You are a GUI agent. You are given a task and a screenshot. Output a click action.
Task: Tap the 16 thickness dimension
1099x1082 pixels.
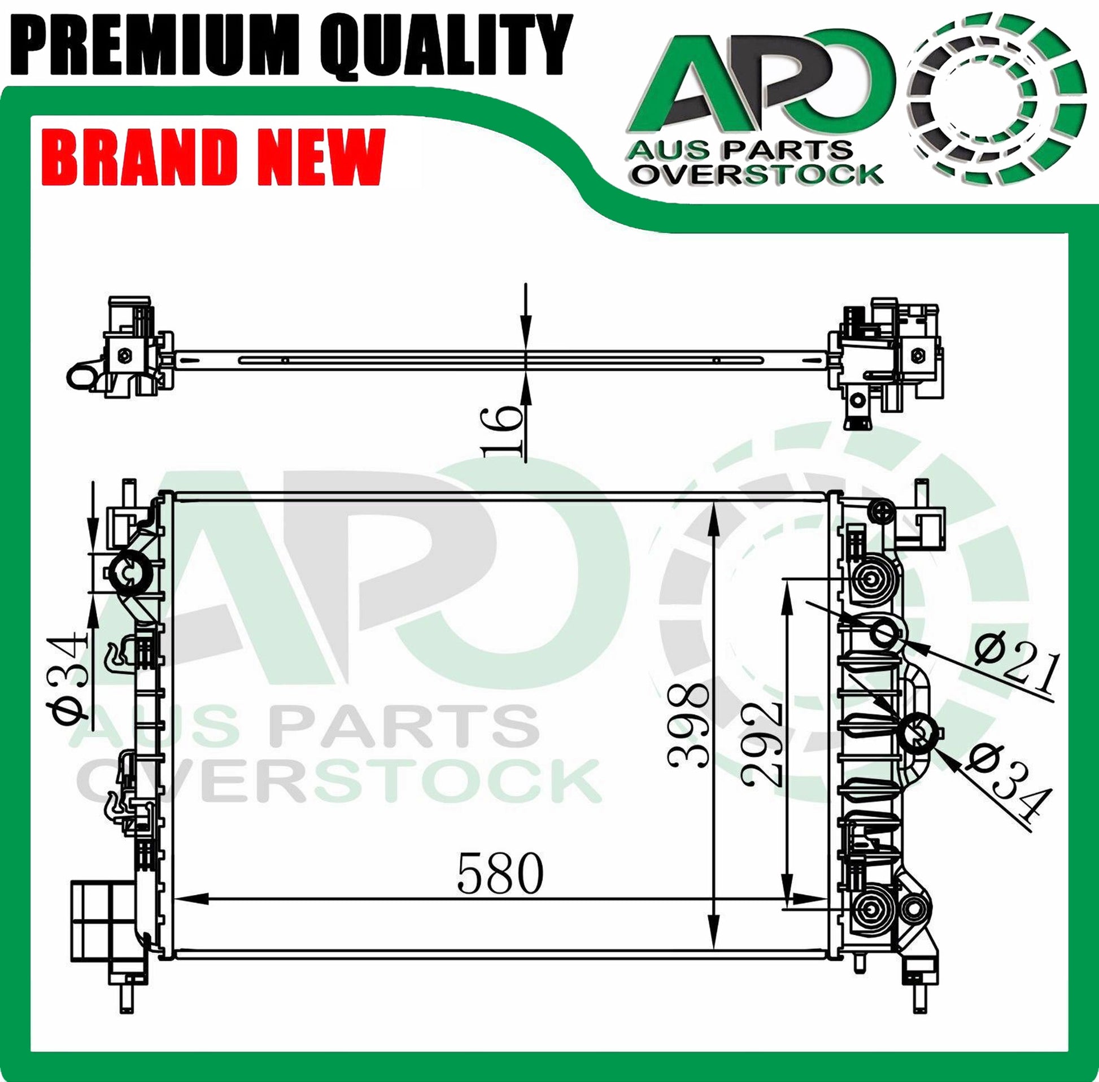pos(502,431)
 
